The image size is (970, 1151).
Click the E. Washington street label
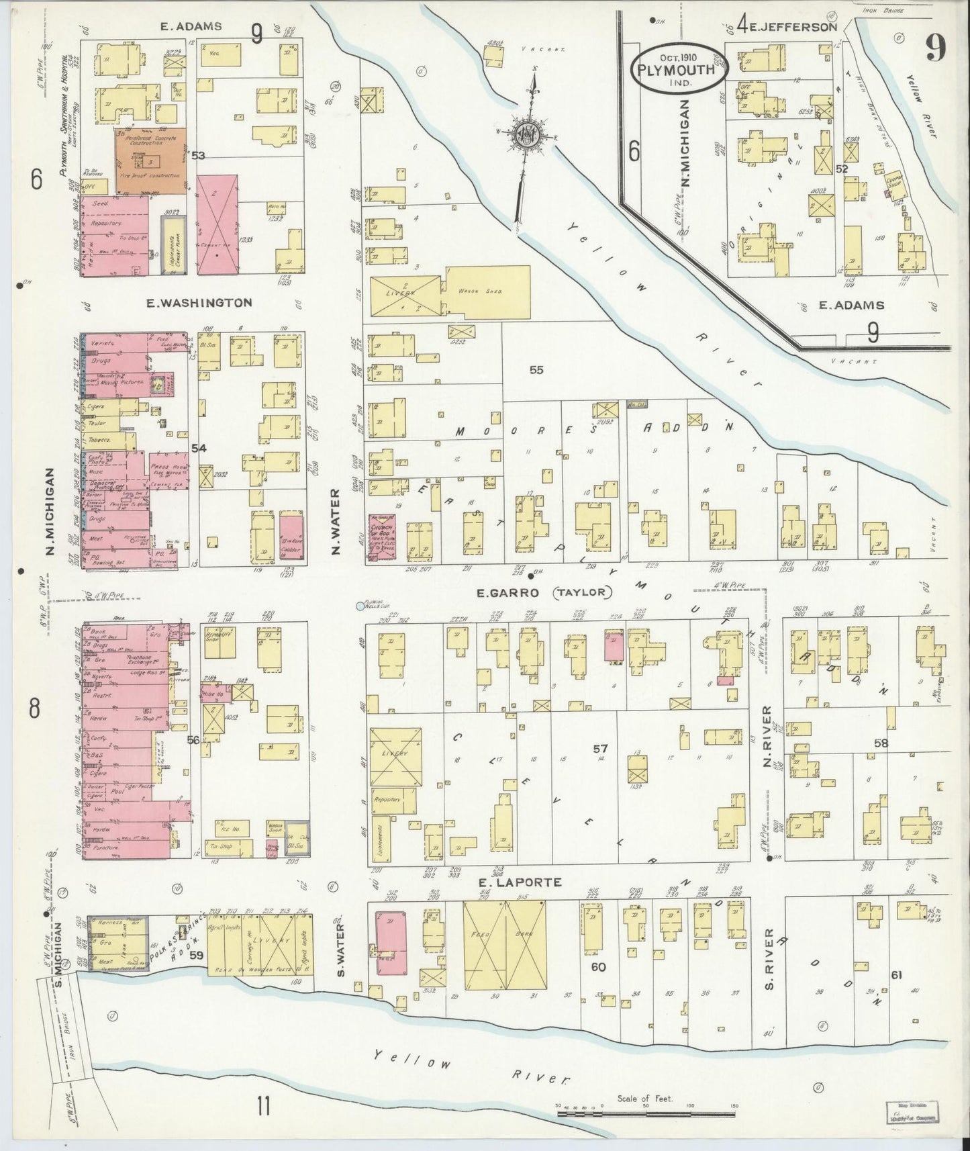[x=200, y=303]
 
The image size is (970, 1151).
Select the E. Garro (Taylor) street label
[x=544, y=592]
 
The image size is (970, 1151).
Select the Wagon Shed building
[x=488, y=291]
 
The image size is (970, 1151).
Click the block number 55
[x=536, y=370]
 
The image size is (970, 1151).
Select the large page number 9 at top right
[x=934, y=47]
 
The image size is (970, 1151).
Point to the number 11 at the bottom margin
[x=263, y=1105]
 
